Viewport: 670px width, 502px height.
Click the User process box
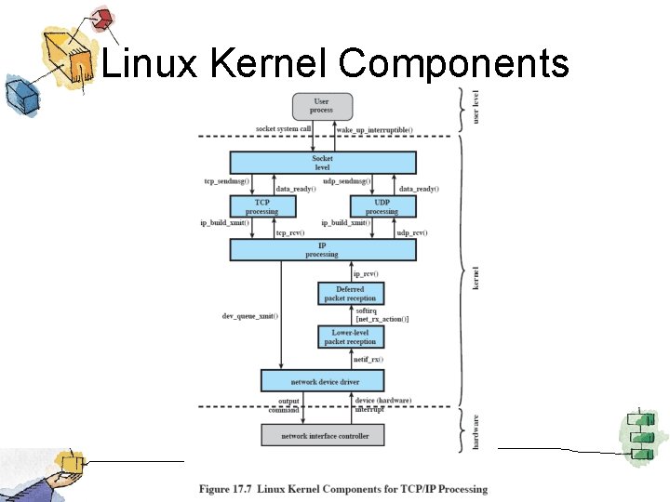(321, 105)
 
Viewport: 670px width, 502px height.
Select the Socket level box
(322, 163)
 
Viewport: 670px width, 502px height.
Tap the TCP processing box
(261, 206)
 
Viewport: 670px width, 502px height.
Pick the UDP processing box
(382, 206)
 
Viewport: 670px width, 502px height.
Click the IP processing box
(322, 250)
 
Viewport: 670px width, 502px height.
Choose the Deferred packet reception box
(350, 294)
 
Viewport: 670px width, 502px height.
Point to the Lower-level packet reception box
(350, 337)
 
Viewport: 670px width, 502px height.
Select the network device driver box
(322, 381)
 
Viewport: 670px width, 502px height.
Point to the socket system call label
(283, 128)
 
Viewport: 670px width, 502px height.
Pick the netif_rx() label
(368, 358)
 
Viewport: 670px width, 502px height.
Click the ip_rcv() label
(366, 273)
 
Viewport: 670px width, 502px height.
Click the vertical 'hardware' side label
(476, 433)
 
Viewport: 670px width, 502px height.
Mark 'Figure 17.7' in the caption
(228, 489)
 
